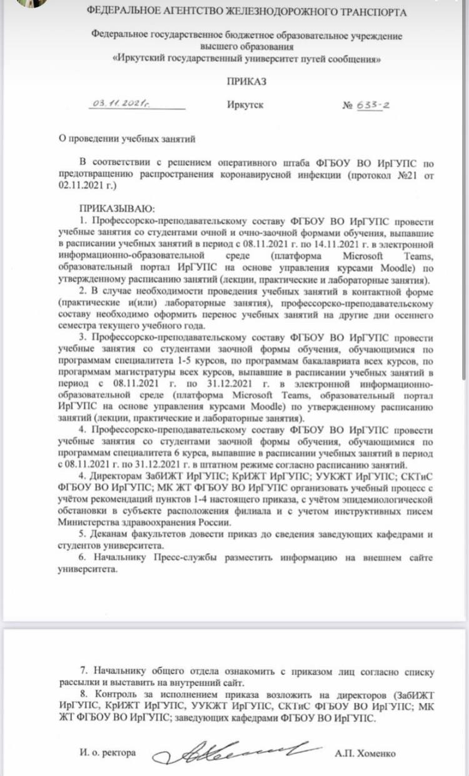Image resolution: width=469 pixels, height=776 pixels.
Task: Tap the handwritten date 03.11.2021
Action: pyautogui.click(x=119, y=104)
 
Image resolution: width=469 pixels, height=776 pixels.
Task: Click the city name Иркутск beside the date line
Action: pyautogui.click(x=246, y=106)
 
